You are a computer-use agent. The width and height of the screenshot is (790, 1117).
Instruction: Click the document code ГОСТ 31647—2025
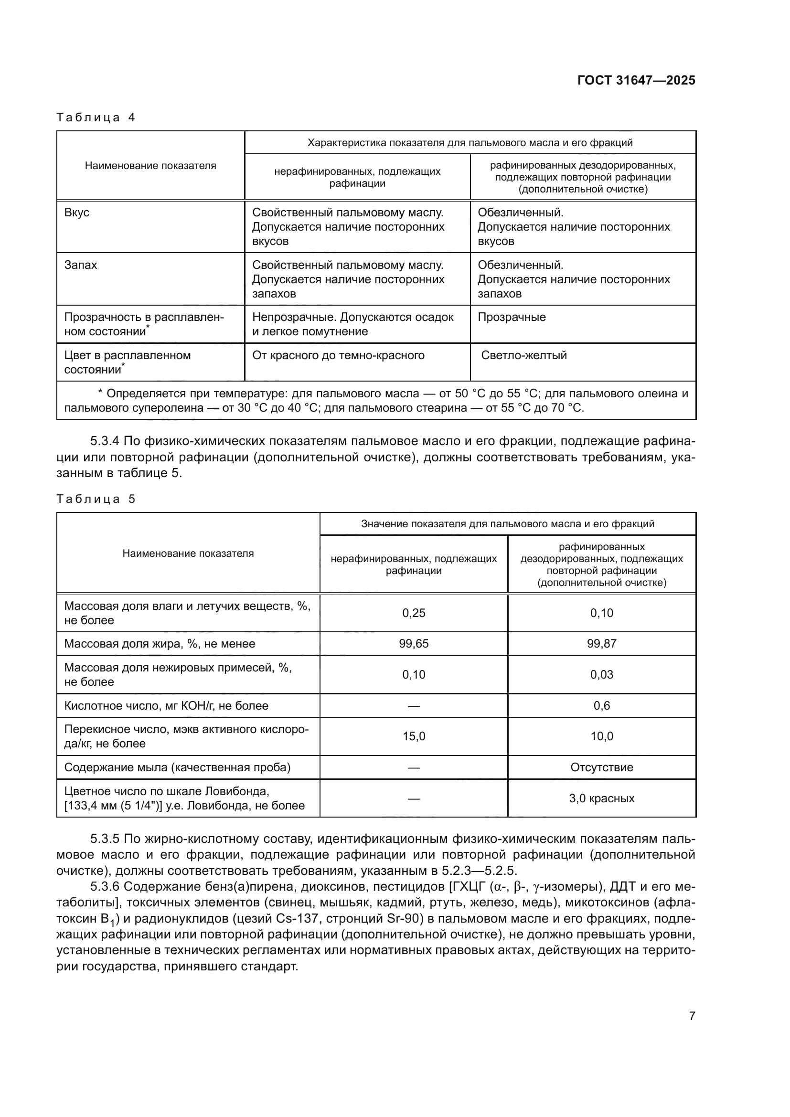(x=636, y=80)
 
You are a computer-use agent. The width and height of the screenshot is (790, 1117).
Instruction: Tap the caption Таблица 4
(x=96, y=117)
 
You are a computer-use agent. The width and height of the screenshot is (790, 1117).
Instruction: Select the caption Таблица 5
(x=96, y=499)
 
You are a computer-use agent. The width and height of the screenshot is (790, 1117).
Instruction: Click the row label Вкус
(x=77, y=213)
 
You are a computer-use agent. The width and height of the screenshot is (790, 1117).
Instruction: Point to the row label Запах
(x=81, y=265)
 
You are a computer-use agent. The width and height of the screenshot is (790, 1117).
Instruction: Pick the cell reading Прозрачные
(x=511, y=317)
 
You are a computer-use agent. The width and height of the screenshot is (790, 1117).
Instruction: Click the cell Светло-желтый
(x=523, y=355)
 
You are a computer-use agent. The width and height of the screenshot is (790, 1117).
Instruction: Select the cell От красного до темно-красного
(x=338, y=355)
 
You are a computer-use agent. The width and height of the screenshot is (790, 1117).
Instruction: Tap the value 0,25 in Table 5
(x=414, y=613)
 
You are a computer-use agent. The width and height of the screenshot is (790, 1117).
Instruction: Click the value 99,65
(x=414, y=644)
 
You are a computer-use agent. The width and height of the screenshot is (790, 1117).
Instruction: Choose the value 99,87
(x=601, y=644)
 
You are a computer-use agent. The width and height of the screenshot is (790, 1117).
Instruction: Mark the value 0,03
(x=601, y=674)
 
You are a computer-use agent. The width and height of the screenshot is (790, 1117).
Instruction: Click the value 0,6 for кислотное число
(x=601, y=705)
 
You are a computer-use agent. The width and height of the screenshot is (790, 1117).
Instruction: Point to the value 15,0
(x=414, y=736)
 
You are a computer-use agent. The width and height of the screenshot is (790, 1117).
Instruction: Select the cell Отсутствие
(x=601, y=767)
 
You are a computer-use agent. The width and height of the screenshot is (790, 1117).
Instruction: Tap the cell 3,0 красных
(x=601, y=798)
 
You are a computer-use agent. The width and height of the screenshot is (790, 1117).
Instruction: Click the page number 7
(x=692, y=1016)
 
